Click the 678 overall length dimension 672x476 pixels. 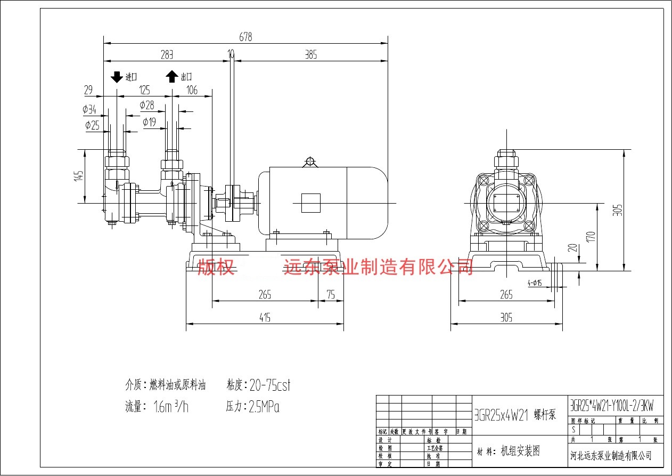coord(245,37)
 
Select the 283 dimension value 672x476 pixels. coord(167,54)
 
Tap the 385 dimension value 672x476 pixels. coord(310,54)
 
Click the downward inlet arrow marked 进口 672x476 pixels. coord(117,77)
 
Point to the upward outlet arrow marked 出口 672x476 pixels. coord(171,77)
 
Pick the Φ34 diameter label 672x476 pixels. coord(89,109)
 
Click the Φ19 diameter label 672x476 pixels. coord(149,122)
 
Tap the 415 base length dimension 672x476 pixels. coord(265,318)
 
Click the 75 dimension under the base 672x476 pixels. coord(331,295)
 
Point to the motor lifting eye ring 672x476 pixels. coord(309,161)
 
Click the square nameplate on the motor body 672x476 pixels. coord(310,203)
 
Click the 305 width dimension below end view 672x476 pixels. coord(506,318)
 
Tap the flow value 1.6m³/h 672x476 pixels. coord(170,407)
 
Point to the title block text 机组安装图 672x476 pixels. coord(520,451)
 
